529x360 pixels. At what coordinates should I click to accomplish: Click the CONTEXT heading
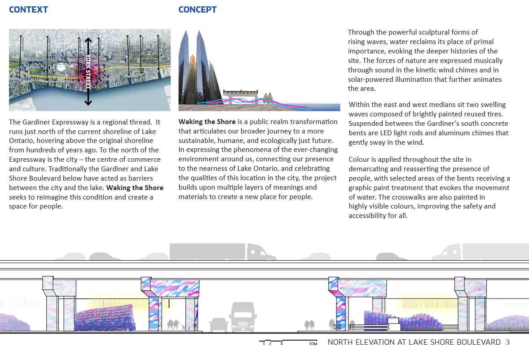point(28,9)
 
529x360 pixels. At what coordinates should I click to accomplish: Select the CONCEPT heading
point(197,9)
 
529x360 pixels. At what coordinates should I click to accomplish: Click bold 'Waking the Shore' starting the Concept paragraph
point(207,122)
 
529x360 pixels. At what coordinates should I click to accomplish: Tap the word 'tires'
point(496,114)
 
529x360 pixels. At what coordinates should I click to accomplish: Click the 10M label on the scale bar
point(313,344)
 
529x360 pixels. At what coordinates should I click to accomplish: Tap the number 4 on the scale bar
point(281,344)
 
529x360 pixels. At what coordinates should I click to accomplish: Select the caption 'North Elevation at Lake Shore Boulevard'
point(414,342)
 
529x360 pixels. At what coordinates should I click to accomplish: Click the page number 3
point(507,342)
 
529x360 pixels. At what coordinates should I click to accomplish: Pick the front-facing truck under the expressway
point(242,317)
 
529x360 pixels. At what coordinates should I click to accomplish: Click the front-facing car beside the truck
point(218,324)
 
